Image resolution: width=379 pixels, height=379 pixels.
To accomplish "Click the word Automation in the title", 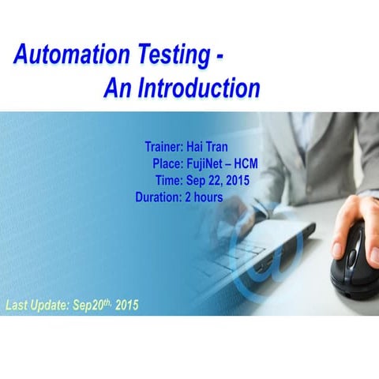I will point(69,56).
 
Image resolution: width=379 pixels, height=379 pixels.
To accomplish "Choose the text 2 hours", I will point(204,197).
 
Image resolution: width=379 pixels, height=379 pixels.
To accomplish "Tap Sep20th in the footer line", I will point(93,304).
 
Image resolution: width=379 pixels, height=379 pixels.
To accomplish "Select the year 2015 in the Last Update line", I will point(127,305).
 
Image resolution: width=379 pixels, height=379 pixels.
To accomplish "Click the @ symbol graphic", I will point(272,261).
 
